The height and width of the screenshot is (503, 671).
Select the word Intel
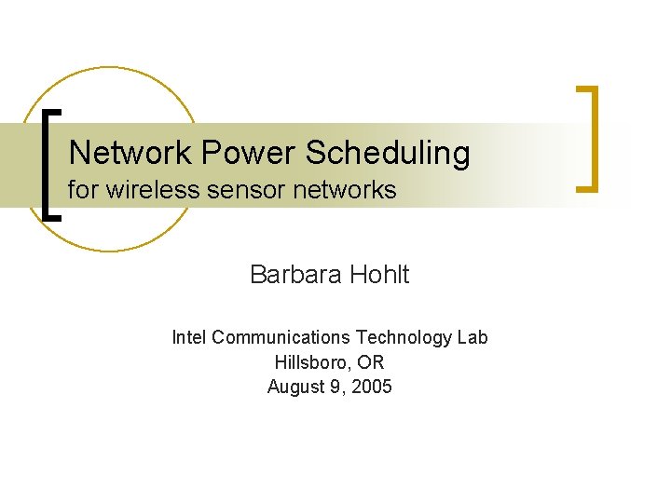189,337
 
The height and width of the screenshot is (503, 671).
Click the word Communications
281,337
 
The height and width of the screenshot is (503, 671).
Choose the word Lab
472,337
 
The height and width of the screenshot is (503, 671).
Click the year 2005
372,387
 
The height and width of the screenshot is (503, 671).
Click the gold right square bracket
587,139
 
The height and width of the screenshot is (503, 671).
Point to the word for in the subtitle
82,191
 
